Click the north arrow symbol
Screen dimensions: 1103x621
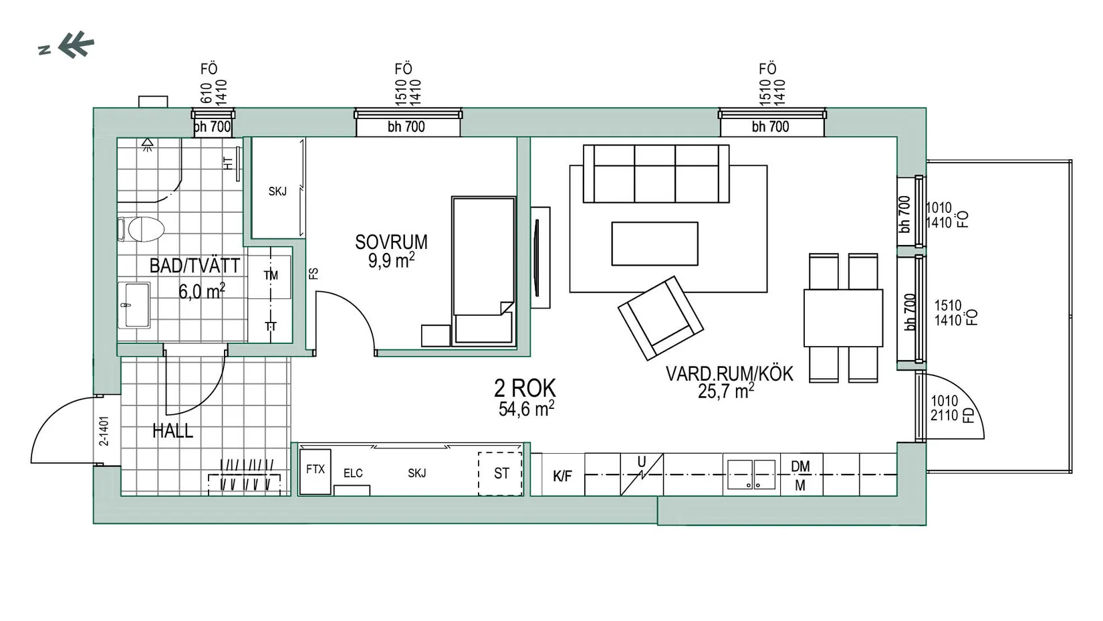pos(76,45)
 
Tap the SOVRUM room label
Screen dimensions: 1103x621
pos(392,242)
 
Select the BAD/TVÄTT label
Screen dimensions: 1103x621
pos(195,266)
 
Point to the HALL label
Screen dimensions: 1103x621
pos(173,431)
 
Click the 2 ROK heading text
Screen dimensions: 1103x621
pos(525,388)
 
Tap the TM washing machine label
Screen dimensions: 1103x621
pos(271,276)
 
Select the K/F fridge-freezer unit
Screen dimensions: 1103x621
pos(563,474)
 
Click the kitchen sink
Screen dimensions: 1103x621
pos(751,474)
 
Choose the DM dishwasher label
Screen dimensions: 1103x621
pos(801,466)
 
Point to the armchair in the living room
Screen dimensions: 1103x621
pos(661,318)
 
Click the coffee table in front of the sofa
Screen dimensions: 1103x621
pos(655,244)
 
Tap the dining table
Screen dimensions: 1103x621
pos(844,318)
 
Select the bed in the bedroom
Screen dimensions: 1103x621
pos(484,270)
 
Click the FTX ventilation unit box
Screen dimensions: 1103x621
pos(315,471)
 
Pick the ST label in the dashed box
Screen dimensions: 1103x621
pos(501,474)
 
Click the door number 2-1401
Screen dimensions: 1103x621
pos(104,431)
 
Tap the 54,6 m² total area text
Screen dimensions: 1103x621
pos(526,409)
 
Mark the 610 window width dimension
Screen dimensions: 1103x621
pos(207,92)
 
